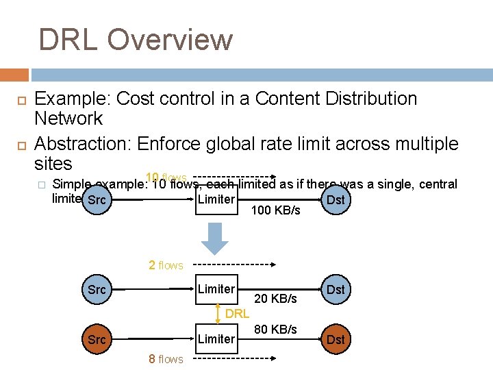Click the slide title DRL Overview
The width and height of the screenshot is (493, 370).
pos(135,40)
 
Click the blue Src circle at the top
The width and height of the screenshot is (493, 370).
pos(97,201)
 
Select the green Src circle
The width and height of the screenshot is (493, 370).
pos(97,290)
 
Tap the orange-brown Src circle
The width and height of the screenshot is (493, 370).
pos(97,339)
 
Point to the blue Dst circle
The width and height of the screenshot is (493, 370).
pos(336,200)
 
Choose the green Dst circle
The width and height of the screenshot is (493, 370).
pos(336,290)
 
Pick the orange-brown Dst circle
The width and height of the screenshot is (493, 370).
pos(336,339)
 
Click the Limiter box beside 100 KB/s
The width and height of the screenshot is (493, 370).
pos(216,200)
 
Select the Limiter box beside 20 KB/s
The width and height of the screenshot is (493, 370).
pos(216,289)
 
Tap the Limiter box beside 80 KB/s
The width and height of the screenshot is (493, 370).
pos(216,338)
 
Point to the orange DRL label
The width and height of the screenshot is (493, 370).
pos(237,314)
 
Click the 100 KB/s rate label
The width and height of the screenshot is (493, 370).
pos(275,210)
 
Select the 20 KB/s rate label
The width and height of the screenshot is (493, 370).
pos(275,299)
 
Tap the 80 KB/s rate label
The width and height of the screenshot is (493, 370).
pos(275,330)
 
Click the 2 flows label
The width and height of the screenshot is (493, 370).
pos(166,265)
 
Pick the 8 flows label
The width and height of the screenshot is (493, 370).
pos(166,359)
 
